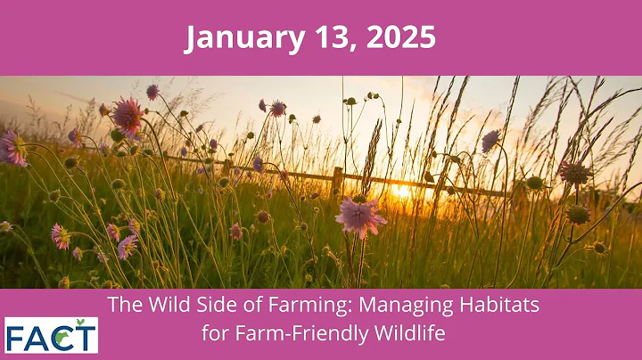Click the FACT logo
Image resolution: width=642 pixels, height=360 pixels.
[51, 335]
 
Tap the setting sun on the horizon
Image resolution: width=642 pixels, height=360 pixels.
[401, 190]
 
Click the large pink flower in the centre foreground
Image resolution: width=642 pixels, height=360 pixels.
[361, 217]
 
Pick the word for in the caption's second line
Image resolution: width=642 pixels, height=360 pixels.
[218, 335]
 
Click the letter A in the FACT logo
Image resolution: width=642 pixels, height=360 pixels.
[37, 337]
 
